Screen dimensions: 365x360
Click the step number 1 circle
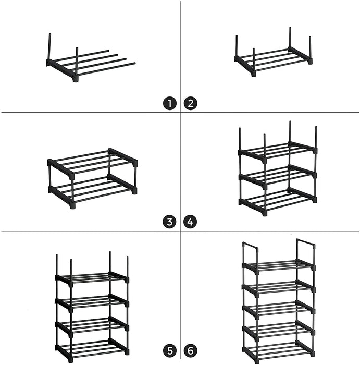[169, 103]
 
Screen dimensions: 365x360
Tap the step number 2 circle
[191, 103]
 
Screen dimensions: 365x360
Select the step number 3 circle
[169, 222]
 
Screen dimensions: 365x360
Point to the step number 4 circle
[191, 222]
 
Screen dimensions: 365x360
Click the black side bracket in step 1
[62, 70]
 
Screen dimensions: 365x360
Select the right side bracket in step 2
[301, 55]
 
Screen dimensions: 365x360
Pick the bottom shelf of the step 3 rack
[93, 191]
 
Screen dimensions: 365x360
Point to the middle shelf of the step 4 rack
[278, 175]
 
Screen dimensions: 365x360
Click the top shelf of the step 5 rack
[92, 277]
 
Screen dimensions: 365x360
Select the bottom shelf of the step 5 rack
[92, 346]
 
